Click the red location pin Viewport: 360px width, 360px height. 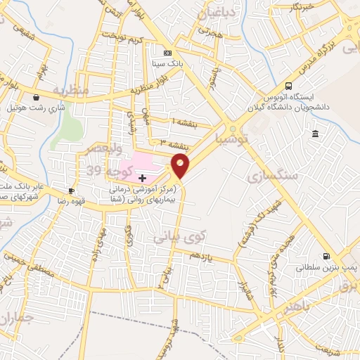pos(181,166)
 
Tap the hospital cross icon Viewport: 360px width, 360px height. pos(143,179)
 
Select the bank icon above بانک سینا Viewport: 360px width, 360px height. pos(167,53)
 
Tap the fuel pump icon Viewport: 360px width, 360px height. pos(326,257)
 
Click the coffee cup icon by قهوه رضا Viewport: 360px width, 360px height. pos(71,191)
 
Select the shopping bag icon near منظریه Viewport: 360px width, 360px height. pos(36,97)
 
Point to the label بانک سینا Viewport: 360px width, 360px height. pos(167,64)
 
